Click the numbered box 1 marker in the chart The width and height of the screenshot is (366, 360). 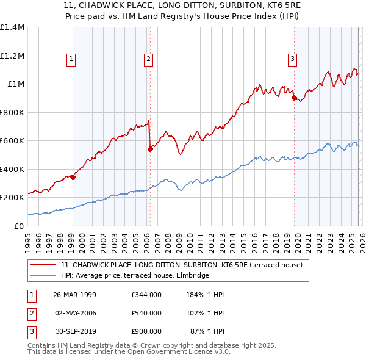(x=71, y=59)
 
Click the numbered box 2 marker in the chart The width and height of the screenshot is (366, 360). (x=148, y=59)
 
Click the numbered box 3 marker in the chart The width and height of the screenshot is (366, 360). (x=293, y=59)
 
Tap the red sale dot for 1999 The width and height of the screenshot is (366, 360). (x=73, y=178)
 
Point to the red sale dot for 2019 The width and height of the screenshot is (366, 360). (x=294, y=98)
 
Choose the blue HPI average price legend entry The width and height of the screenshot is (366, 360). (x=135, y=276)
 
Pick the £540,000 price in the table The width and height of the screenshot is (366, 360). (x=146, y=313)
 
